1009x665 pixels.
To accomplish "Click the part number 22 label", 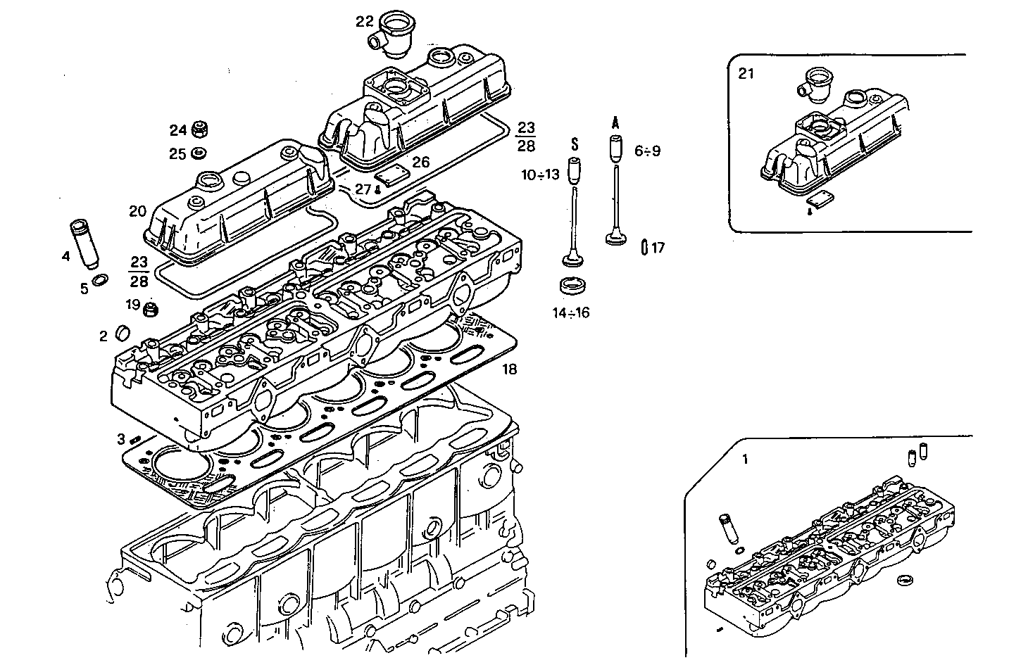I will click(x=364, y=22).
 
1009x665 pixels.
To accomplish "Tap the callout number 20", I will click(x=137, y=211).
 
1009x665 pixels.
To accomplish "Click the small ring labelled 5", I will click(x=101, y=280).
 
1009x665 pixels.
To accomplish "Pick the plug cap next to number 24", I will click(x=199, y=130).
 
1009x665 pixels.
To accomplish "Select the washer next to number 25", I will click(x=199, y=153).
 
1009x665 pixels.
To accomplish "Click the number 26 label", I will click(x=420, y=163).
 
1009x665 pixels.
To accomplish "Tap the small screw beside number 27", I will click(x=379, y=189).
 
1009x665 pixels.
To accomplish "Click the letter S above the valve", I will click(x=574, y=144).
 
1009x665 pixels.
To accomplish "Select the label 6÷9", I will click(x=647, y=151).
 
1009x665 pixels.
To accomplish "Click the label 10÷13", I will click(x=540, y=175).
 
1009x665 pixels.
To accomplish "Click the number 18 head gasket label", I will click(x=509, y=369).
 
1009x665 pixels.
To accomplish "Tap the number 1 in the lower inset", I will click(x=746, y=460).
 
